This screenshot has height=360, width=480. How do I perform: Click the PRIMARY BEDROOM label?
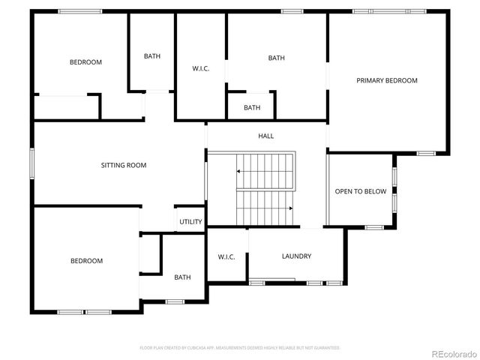pyautogui.click(x=387, y=80)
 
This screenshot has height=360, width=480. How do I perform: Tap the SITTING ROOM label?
pyautogui.click(x=124, y=165)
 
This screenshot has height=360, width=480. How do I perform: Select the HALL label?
pyautogui.click(x=266, y=136)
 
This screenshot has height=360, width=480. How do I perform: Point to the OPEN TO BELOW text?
pyautogui.click(x=360, y=191)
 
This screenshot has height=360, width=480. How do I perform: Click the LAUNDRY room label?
pyautogui.click(x=296, y=256)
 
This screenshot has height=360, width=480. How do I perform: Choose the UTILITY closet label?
pyautogui.click(x=190, y=222)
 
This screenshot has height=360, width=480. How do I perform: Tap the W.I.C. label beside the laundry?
pyautogui.click(x=226, y=256)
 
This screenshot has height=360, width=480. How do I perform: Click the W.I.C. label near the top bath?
pyautogui.click(x=200, y=69)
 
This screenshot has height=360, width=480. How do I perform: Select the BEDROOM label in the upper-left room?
pyautogui.click(x=85, y=62)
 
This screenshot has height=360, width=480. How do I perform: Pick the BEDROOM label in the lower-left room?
pyautogui.click(x=86, y=261)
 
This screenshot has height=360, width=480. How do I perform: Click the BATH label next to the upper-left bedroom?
pyautogui.click(x=152, y=56)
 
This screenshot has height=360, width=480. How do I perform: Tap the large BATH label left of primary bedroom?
pyautogui.click(x=276, y=58)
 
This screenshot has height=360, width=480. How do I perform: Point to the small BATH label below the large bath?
pyautogui.click(x=252, y=107)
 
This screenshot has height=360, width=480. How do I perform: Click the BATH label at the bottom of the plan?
pyautogui.click(x=182, y=277)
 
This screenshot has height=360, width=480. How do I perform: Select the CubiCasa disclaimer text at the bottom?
pyautogui.click(x=240, y=348)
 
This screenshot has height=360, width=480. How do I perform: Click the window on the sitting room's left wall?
pyautogui.click(x=31, y=163)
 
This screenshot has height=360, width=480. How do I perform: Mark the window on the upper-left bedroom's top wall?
pyautogui.click(x=80, y=10)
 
